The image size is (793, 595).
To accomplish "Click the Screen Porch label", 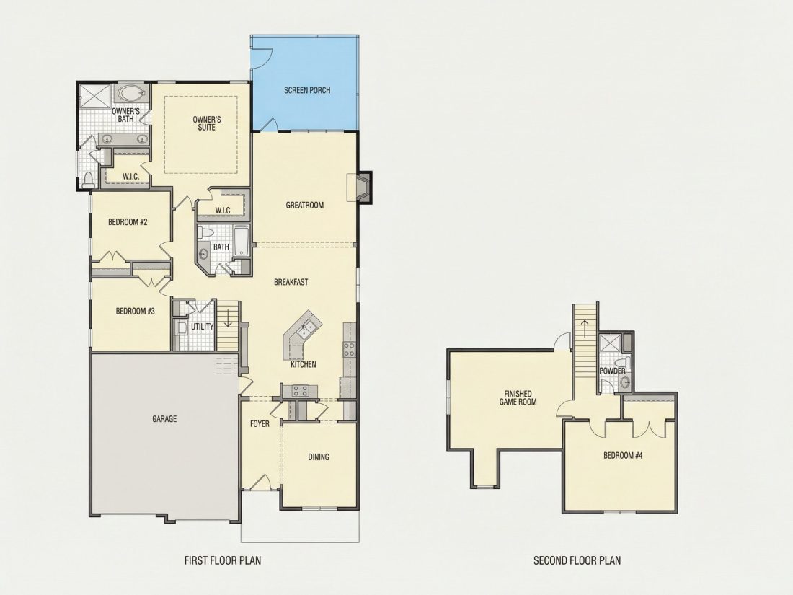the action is pyautogui.click(x=307, y=91).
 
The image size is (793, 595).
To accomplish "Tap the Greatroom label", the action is pyautogui.click(x=304, y=206).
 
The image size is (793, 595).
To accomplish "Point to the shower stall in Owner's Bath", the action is pyautogui.click(x=94, y=96).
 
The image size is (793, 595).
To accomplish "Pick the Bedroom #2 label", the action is pyautogui.click(x=128, y=222).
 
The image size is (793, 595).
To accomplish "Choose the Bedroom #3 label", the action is pyautogui.click(x=135, y=311).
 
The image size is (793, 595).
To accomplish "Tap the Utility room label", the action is pyautogui.click(x=203, y=327).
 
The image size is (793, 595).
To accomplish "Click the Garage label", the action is pyautogui.click(x=164, y=419).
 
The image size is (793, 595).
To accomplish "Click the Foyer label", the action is pyautogui.click(x=260, y=424).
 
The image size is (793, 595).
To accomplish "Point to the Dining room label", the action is pyautogui.click(x=319, y=457).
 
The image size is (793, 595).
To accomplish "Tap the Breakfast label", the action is pyautogui.click(x=291, y=282).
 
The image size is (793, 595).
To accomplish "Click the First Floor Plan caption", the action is pyautogui.click(x=223, y=560).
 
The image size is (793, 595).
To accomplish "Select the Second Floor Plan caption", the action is pyautogui.click(x=577, y=560).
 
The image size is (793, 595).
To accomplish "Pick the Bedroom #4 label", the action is pyautogui.click(x=623, y=455).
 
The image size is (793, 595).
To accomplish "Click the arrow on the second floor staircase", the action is pyautogui.click(x=585, y=328).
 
